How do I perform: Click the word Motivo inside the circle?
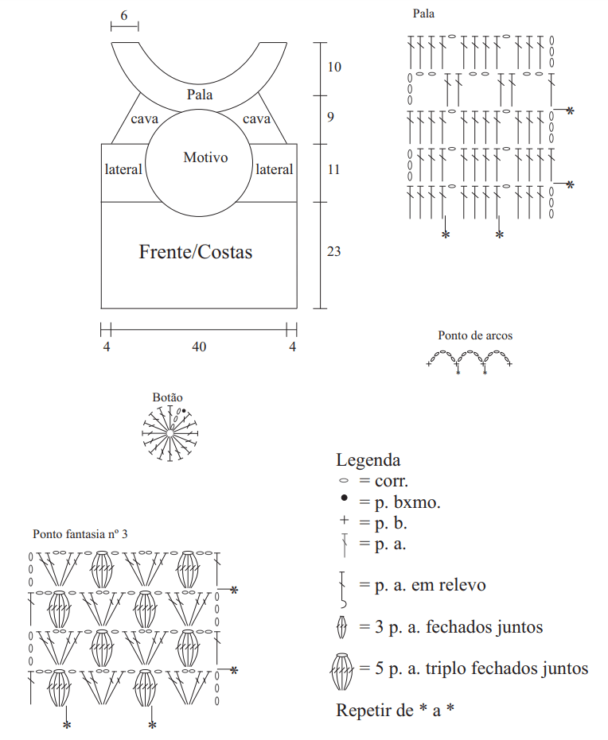point(205,157)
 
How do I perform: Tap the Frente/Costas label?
point(196,251)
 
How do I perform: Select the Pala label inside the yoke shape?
point(200,95)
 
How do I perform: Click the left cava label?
point(144,118)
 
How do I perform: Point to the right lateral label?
point(274,169)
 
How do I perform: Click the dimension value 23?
point(333,251)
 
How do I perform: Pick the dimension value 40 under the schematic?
point(199,347)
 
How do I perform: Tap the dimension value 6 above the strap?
point(124,16)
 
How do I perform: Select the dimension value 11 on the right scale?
point(333,169)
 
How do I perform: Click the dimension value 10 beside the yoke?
point(334,67)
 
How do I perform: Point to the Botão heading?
point(167,397)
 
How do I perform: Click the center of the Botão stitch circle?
point(170,433)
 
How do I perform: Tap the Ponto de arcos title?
point(475,335)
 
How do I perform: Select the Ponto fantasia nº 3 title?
point(80,534)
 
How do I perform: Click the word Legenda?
point(368,459)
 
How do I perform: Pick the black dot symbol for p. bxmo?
point(344,498)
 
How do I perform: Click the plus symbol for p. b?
point(344,520)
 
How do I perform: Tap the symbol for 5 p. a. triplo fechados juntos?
point(341,672)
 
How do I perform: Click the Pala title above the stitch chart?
point(423,14)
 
